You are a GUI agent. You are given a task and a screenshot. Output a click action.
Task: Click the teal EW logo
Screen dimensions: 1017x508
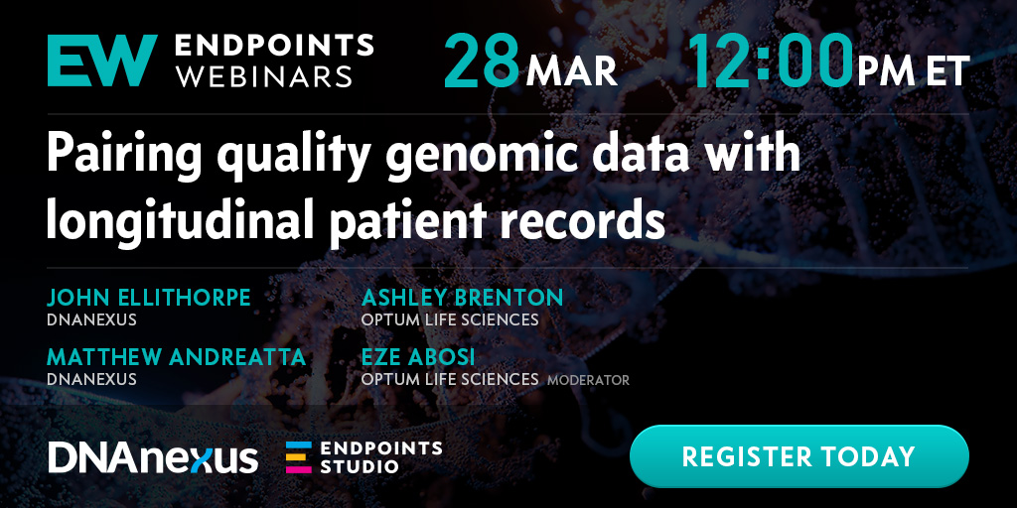coord(102,61)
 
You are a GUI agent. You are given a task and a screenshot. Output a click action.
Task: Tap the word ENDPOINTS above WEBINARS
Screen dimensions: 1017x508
coord(274,46)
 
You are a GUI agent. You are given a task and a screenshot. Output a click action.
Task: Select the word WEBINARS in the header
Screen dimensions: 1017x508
coord(264,75)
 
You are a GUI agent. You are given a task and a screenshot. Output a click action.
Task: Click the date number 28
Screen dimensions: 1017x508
coord(482,61)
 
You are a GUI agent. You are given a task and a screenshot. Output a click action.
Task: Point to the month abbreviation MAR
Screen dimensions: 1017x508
coord(571,71)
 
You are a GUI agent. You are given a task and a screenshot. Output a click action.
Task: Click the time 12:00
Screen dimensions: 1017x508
coord(771,61)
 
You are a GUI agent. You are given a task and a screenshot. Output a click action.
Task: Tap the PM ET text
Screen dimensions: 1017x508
coord(914,71)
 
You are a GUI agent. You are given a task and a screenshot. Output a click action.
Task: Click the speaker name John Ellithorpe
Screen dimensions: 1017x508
coord(149,298)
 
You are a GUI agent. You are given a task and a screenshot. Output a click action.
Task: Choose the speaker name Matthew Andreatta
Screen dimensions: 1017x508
coord(176,357)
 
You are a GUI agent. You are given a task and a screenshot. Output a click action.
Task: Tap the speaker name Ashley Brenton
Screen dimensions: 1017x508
coord(463,298)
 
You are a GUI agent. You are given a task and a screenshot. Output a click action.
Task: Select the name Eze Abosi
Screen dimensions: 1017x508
coord(418,357)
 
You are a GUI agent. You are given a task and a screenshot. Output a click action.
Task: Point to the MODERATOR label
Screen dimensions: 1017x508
coord(588,380)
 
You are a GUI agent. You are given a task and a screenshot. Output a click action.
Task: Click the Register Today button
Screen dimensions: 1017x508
coord(799,456)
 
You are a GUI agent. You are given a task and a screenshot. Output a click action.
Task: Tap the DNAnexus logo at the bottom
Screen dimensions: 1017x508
coord(153,458)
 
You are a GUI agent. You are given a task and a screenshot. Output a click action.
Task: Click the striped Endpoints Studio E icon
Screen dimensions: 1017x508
coord(299,457)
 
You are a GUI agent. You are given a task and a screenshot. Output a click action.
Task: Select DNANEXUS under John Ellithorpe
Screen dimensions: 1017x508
coord(91,320)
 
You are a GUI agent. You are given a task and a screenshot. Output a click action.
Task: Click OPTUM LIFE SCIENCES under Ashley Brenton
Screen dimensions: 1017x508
coord(450,320)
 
